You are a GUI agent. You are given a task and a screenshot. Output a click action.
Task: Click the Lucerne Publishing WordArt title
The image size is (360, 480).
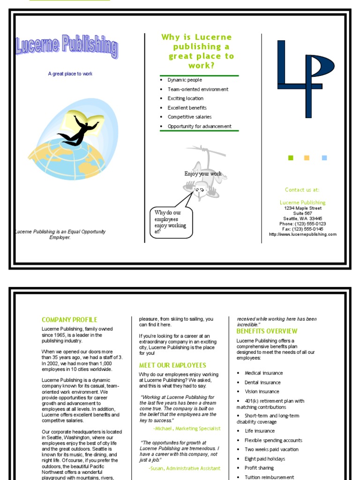click(67, 47)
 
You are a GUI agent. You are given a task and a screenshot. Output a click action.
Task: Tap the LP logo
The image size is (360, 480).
click(305, 77)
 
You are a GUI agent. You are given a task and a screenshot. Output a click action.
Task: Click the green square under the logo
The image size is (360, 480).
click(291, 158)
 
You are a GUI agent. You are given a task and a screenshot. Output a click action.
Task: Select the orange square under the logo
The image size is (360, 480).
click(307, 158)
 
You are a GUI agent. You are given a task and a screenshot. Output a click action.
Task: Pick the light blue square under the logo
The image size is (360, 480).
click(324, 158)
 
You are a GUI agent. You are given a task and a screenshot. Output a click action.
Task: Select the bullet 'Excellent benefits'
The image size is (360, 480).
click(187, 108)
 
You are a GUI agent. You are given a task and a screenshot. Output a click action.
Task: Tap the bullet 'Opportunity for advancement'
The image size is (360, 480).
click(199, 127)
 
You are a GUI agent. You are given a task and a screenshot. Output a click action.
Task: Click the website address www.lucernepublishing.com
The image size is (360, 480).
click(303, 234)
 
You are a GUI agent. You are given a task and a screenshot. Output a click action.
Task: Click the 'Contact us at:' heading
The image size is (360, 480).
click(302, 190)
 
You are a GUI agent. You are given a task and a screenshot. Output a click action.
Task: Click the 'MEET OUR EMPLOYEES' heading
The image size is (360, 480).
click(172, 365)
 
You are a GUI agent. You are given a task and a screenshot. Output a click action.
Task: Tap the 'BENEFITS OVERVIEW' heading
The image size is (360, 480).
click(267, 331)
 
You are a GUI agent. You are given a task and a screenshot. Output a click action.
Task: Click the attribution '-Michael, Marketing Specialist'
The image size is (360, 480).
click(187, 428)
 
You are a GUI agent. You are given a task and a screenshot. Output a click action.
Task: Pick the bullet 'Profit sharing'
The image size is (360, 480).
click(259, 468)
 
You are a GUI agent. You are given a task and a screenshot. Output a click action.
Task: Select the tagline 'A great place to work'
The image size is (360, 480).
click(70, 74)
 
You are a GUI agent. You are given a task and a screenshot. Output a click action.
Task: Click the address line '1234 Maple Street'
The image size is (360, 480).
click(303, 208)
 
